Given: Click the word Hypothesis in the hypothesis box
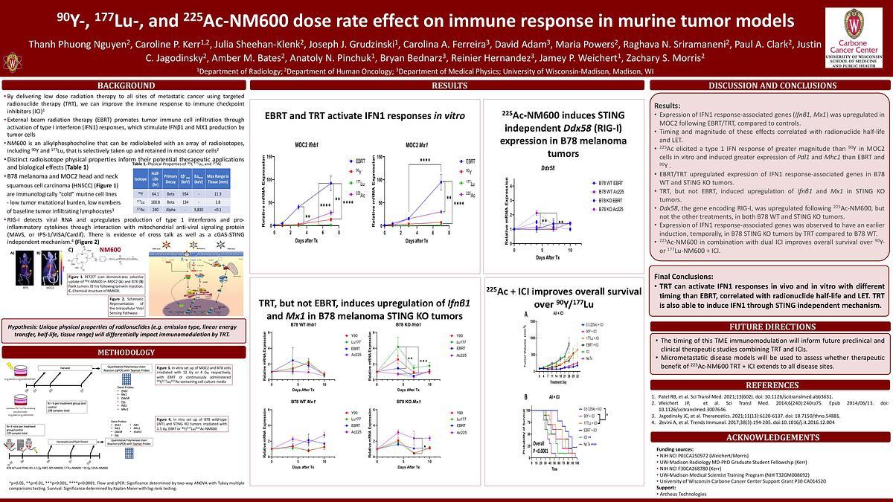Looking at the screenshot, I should tap(27, 327).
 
